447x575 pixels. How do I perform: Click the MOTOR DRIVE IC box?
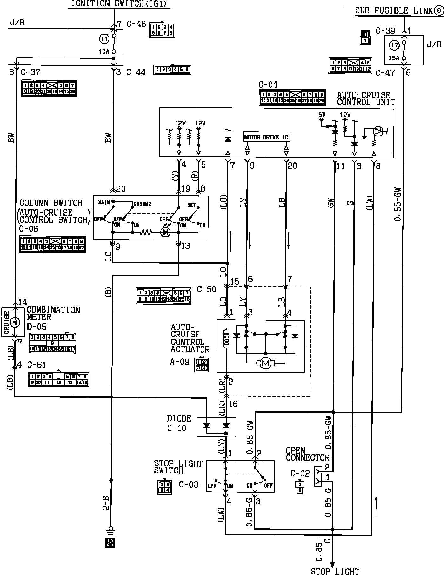(x=266, y=137)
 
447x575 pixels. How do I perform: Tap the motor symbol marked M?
(x=265, y=363)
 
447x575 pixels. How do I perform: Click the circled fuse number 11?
(x=104, y=39)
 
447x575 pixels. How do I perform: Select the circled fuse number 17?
(x=394, y=46)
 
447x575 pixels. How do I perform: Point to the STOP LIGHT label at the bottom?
(x=335, y=571)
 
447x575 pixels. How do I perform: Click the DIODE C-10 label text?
(x=179, y=423)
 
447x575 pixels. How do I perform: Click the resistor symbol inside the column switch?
(x=146, y=233)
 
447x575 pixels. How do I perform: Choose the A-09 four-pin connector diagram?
(x=202, y=365)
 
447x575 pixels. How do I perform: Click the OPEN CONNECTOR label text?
(x=307, y=454)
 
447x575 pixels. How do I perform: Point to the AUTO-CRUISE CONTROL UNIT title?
(x=366, y=98)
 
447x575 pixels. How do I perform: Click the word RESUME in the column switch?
(x=142, y=204)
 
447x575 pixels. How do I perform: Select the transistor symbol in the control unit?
(x=378, y=131)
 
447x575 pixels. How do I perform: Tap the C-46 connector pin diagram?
(x=162, y=30)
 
